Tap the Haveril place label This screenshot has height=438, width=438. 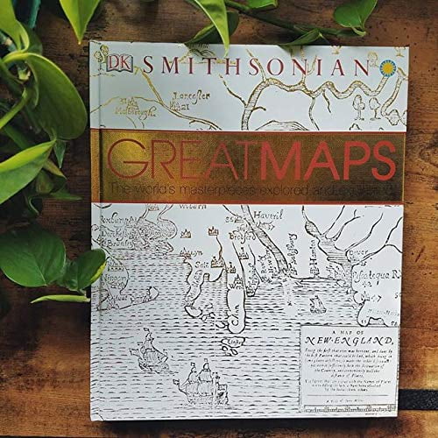tap(261, 212)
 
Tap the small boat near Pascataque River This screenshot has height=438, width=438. tap(315, 304)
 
